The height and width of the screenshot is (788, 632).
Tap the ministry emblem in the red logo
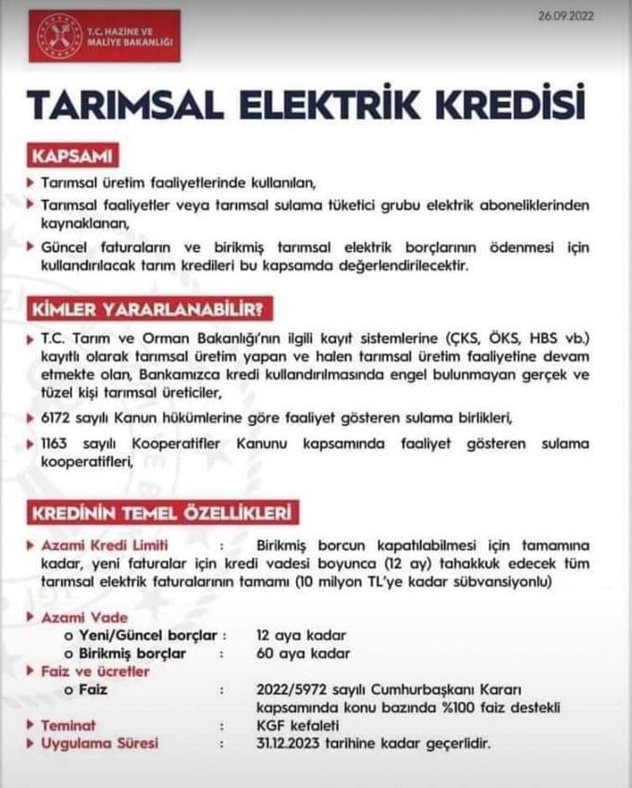[60, 38]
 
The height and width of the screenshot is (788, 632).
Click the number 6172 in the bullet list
[59, 418]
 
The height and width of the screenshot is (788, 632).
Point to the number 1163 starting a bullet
[57, 444]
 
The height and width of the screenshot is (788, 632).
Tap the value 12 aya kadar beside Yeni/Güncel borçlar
[301, 635]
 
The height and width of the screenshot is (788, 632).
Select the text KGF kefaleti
[298, 725]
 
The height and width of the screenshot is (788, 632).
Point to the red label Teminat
[68, 725]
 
